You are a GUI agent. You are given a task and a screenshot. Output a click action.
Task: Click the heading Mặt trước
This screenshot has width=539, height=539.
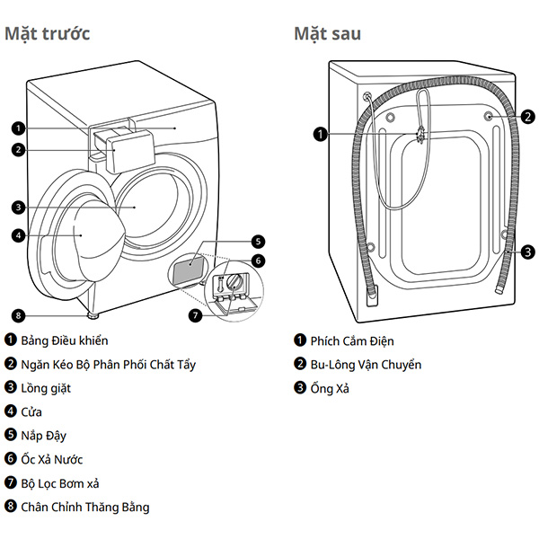click(47, 34)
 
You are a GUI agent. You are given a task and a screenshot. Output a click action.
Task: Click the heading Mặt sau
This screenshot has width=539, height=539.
click(327, 34)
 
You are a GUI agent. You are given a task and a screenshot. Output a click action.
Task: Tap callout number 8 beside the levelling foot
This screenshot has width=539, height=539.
click(18, 315)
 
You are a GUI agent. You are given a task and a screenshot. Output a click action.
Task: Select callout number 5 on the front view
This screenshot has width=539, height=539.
click(258, 242)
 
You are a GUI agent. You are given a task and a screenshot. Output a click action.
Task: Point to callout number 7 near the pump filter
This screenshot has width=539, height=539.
click(195, 315)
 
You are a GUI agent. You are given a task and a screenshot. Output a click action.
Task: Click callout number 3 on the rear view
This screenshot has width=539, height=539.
click(527, 252)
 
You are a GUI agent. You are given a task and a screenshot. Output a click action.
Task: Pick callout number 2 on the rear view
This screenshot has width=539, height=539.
click(527, 117)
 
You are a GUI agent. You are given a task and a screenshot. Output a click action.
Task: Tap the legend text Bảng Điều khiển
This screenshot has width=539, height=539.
click(65, 340)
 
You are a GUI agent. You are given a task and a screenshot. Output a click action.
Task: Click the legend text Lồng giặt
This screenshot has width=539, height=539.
click(46, 388)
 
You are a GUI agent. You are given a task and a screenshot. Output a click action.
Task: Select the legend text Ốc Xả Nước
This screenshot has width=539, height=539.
click(52, 459)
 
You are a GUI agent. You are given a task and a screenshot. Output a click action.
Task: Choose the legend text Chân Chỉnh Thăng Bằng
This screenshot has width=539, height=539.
click(85, 507)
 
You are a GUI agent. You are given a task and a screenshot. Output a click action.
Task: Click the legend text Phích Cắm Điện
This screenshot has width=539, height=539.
click(352, 341)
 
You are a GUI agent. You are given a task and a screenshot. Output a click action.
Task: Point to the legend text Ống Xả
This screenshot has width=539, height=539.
click(330, 388)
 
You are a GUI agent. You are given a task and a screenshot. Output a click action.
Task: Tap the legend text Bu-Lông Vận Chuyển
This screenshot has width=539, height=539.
click(366, 365)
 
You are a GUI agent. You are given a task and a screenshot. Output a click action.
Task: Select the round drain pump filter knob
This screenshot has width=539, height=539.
click(234, 282)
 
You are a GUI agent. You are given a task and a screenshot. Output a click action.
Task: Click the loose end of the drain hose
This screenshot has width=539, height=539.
click(499, 290)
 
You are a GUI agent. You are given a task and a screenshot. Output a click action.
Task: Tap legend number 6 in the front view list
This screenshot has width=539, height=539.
click(11, 458)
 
